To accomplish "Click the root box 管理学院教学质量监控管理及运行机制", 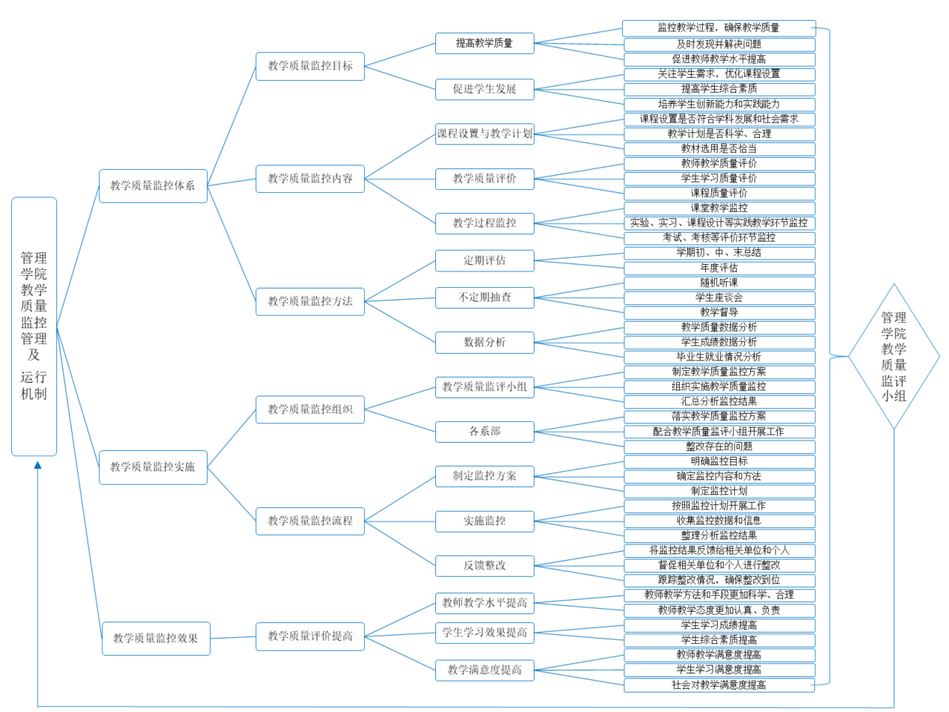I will point(34,326).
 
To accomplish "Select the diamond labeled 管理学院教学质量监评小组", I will point(893,357).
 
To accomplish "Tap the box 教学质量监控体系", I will point(153,185).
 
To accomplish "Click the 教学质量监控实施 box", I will point(153,467).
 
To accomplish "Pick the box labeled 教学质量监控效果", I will point(156,639).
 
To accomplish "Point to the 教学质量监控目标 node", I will point(310,66).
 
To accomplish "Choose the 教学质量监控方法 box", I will point(310,301).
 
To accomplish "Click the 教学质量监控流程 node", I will point(310,521).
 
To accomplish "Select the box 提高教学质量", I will point(484,43).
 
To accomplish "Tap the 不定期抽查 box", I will point(484,297).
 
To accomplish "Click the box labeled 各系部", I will point(484,432).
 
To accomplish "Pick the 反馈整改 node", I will point(484,565).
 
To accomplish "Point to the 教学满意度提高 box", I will point(484,670).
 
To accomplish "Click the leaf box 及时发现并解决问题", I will point(719,44).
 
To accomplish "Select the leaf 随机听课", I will point(719,283).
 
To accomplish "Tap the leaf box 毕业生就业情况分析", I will point(719,357).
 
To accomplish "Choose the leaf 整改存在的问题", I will point(719,446).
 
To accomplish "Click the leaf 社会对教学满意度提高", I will point(719,685).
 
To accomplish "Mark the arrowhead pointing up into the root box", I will point(38,465).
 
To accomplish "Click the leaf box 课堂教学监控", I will point(719,208).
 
